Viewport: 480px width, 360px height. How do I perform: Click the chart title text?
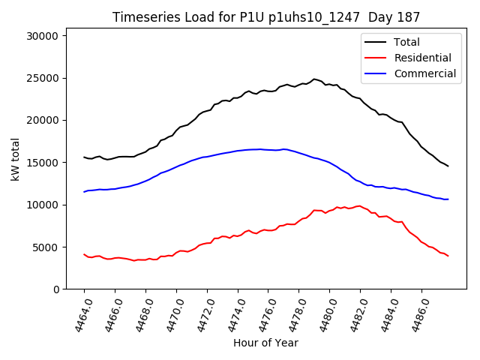tap(266, 16)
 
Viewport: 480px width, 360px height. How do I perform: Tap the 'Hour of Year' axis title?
tap(265, 343)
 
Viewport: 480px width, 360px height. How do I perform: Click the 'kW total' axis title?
tap(15, 162)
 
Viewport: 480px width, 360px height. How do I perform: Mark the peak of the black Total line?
tap(314, 79)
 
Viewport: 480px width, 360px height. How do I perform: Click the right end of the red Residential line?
tap(448, 256)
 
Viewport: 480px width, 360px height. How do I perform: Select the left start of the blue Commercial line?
tap(84, 192)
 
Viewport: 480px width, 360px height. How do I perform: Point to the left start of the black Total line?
tap(84, 157)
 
